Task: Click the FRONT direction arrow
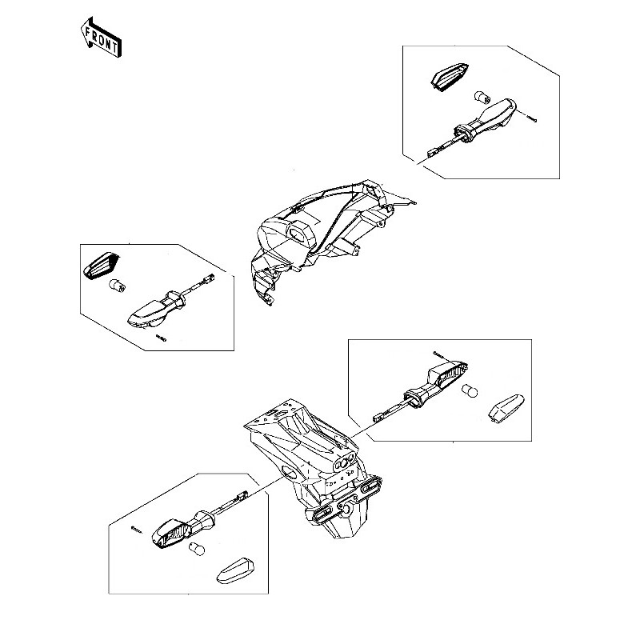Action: [x=101, y=38]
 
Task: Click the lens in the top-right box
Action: [x=449, y=76]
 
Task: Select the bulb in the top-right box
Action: [x=482, y=98]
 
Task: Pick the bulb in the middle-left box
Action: [x=116, y=286]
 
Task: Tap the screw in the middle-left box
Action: [x=162, y=338]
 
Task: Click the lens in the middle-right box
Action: [x=506, y=409]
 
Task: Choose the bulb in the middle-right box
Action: [x=470, y=391]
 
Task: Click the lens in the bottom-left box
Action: [x=236, y=570]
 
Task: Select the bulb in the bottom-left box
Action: [x=196, y=549]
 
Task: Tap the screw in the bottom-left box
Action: [x=137, y=530]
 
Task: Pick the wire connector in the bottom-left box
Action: [x=242, y=496]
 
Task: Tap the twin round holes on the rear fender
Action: [x=345, y=462]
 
